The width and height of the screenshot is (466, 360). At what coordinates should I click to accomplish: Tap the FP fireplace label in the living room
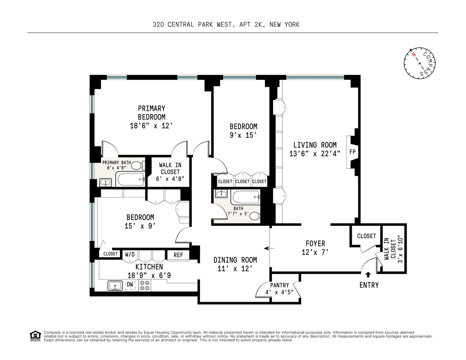353,152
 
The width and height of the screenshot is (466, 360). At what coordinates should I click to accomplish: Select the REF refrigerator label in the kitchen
178,255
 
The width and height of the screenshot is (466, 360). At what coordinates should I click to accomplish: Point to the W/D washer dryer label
130,255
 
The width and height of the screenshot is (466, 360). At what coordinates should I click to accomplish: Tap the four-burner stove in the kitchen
145,286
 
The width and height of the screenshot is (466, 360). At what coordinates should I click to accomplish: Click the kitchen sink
115,286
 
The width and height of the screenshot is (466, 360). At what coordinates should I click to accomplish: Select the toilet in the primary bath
137,166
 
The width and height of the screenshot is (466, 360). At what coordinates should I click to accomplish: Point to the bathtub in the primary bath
130,180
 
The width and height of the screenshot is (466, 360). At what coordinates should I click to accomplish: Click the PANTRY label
280,285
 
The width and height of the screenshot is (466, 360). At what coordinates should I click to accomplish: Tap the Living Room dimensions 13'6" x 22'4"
315,154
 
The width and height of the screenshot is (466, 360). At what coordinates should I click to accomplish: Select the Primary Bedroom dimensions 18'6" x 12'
151,126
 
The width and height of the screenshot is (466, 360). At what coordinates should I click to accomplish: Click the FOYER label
315,244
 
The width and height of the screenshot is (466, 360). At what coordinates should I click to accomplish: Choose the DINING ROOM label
235,260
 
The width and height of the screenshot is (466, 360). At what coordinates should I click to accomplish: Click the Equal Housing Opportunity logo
35,336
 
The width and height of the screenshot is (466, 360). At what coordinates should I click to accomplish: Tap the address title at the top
226,24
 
